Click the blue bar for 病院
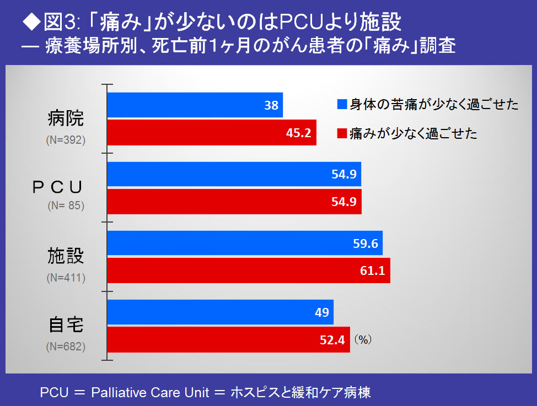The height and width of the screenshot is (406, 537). click(195, 105)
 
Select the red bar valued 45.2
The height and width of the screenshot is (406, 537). click(211, 132)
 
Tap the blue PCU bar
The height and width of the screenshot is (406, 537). click(234, 174)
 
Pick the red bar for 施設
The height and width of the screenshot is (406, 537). click(248, 270)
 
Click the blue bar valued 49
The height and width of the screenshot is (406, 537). click(220, 312)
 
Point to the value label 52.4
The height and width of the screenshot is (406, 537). click(332, 340)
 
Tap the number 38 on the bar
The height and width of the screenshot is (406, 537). click(271, 105)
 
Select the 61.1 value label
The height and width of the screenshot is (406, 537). click(373, 270)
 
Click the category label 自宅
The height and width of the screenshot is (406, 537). click(66, 325)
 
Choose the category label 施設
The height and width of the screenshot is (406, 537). click(66, 256)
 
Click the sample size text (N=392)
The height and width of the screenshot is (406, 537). click(66, 140)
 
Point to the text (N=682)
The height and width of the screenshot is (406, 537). click(66, 347)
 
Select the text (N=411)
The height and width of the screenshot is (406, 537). click(66, 278)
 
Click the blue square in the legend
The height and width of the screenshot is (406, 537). click(341, 105)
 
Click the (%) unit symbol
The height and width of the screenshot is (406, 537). click(363, 340)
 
